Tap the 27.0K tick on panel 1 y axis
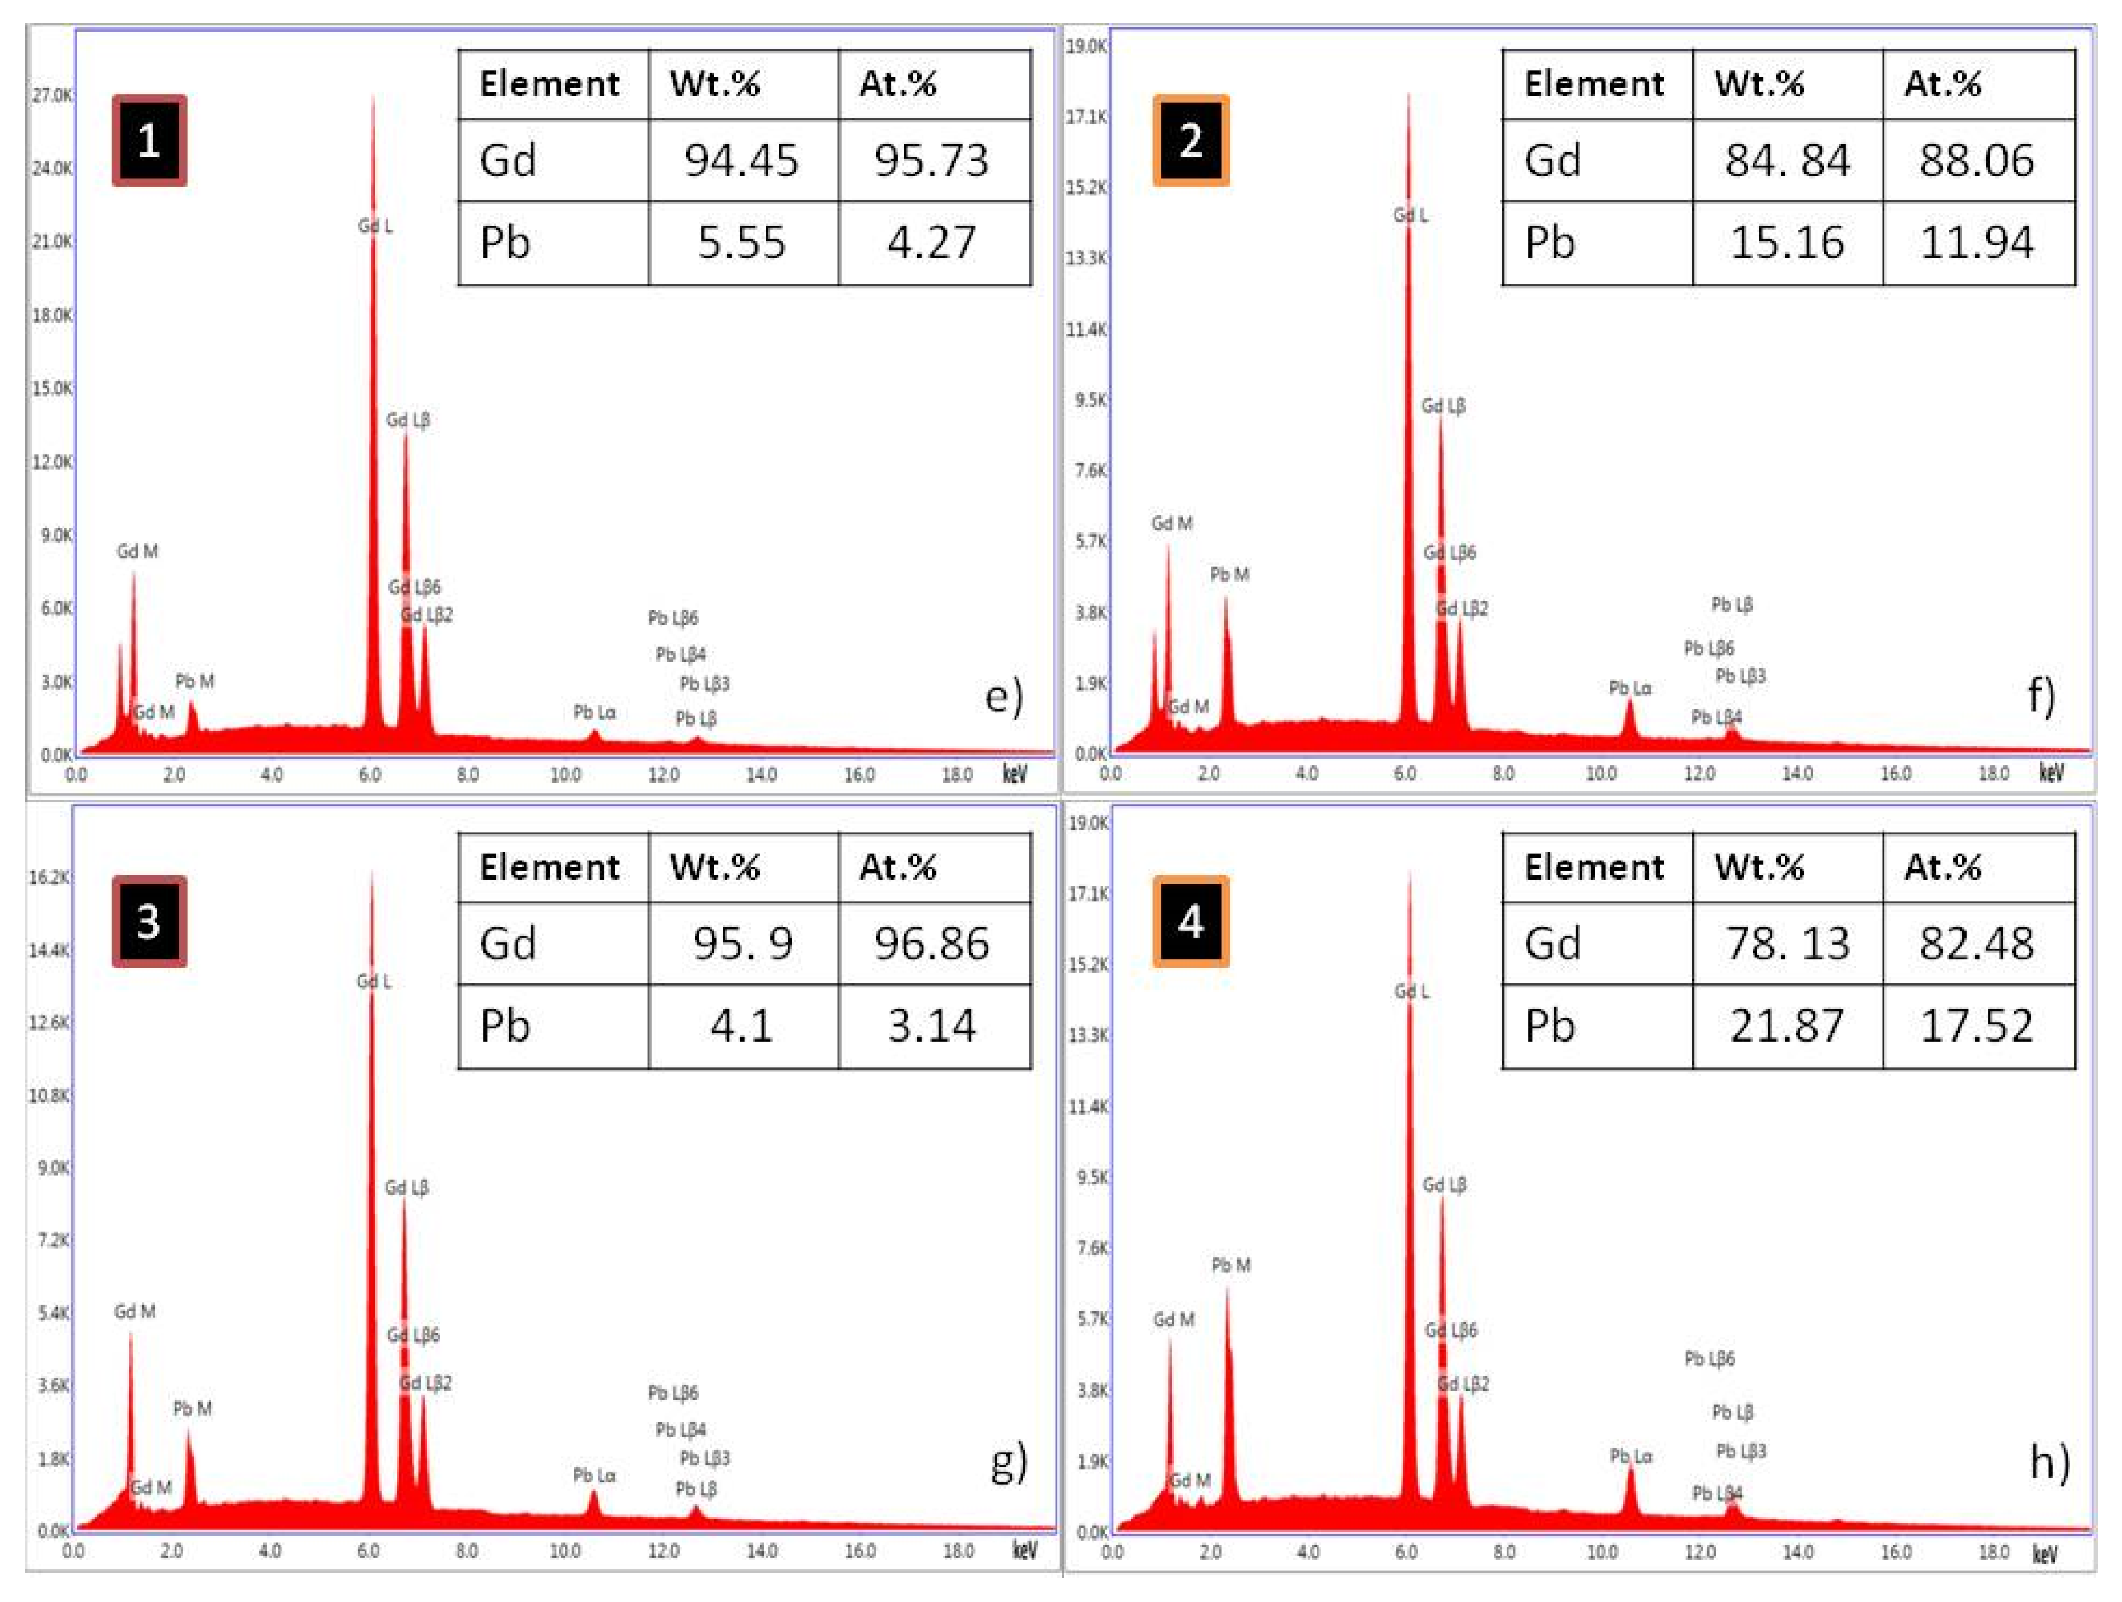tap(52, 95)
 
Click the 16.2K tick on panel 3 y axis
tap(49, 877)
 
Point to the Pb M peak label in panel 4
tap(1231, 1266)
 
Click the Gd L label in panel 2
tap(1410, 215)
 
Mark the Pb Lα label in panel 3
tap(594, 1475)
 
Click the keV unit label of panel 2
tap(2050, 773)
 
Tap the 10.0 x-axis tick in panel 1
tap(565, 775)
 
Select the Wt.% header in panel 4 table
tap(1759, 867)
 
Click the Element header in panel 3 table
tap(549, 867)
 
